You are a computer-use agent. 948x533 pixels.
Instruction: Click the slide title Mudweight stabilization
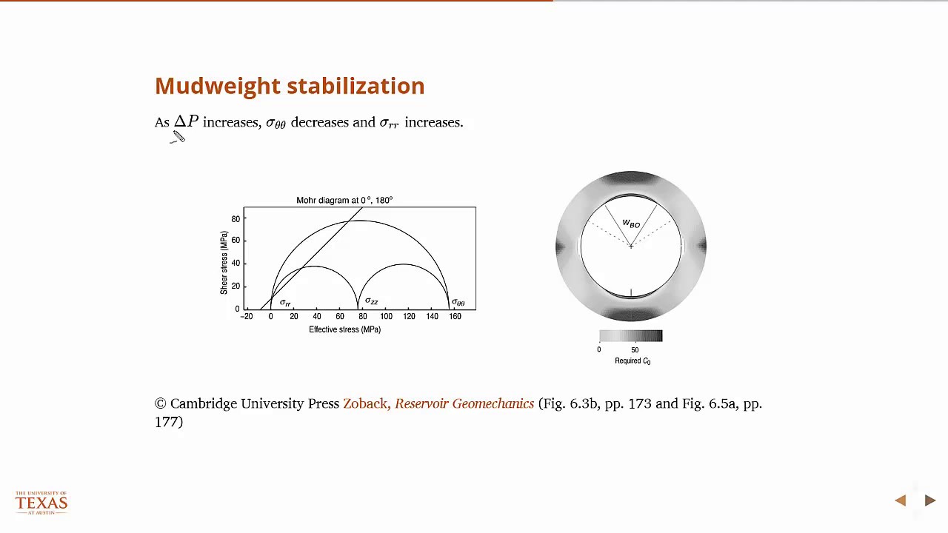(x=290, y=86)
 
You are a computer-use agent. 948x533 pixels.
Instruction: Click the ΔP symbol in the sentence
(x=186, y=121)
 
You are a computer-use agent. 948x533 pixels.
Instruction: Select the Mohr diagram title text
(x=344, y=200)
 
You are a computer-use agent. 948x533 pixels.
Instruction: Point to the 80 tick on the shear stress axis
(x=236, y=219)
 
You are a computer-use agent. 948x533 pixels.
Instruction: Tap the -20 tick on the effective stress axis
(x=247, y=317)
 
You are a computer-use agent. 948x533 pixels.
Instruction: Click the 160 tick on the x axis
(x=455, y=317)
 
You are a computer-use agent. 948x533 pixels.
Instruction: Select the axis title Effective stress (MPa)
(x=344, y=329)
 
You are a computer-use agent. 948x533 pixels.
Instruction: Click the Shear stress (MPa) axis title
(x=224, y=263)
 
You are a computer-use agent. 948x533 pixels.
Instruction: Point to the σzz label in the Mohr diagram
(x=371, y=301)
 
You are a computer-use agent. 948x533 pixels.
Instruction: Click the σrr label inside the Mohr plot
(x=285, y=302)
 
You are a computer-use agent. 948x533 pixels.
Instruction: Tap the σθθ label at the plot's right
(x=458, y=302)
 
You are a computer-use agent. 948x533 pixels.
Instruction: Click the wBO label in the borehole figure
(x=631, y=224)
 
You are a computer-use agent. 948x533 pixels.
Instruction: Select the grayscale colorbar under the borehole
(x=630, y=336)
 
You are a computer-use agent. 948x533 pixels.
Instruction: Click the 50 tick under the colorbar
(x=635, y=350)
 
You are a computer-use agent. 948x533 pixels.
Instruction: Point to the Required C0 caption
(x=632, y=361)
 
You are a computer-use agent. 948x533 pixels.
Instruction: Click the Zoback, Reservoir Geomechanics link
(x=438, y=403)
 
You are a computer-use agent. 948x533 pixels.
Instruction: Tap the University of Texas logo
(x=41, y=503)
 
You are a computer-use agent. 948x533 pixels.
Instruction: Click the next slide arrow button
(x=930, y=501)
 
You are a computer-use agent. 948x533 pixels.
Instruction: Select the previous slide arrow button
(x=901, y=501)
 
